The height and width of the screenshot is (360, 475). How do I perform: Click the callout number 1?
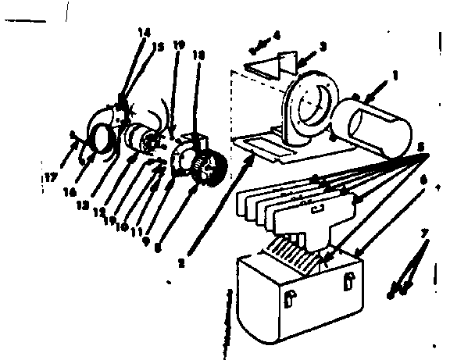coord(395,77)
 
